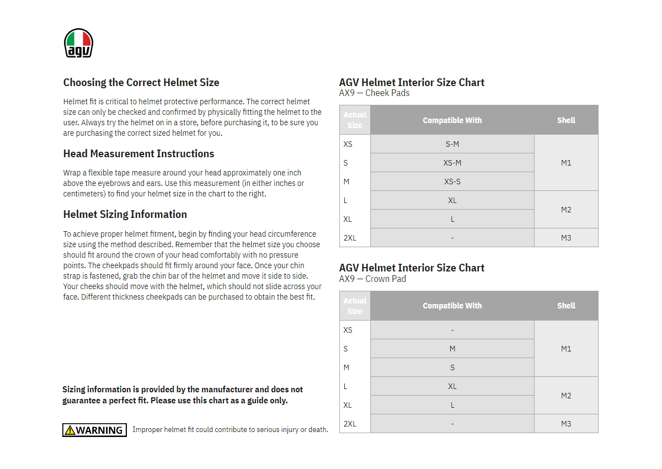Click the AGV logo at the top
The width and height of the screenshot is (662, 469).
(x=78, y=43)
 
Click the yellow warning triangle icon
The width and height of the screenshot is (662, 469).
(x=70, y=430)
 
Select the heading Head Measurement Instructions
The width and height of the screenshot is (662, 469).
(x=138, y=153)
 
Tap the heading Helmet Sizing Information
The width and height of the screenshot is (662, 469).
(x=125, y=214)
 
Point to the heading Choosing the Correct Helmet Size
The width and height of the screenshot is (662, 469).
(x=141, y=82)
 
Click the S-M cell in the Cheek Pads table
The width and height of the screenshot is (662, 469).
(x=452, y=144)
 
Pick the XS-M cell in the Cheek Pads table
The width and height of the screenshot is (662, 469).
(x=452, y=163)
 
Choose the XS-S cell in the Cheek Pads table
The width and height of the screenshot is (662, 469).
(x=452, y=182)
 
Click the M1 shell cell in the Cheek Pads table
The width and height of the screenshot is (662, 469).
(x=566, y=163)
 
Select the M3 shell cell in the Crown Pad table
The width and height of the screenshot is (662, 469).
(x=566, y=424)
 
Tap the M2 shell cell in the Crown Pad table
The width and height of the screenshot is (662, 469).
(x=566, y=396)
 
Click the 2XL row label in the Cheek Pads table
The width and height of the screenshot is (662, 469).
(x=350, y=238)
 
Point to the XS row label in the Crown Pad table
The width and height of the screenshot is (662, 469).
(x=348, y=330)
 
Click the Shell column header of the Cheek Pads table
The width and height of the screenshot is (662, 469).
(x=566, y=120)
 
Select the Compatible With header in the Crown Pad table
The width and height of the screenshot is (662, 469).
(x=452, y=306)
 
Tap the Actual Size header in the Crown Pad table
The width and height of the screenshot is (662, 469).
(x=355, y=306)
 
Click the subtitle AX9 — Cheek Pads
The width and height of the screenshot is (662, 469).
(x=374, y=93)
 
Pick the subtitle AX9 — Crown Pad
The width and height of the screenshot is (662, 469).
(x=372, y=279)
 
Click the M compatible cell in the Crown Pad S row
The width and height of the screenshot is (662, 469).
(x=452, y=349)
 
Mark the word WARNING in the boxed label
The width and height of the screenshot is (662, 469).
(x=99, y=430)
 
